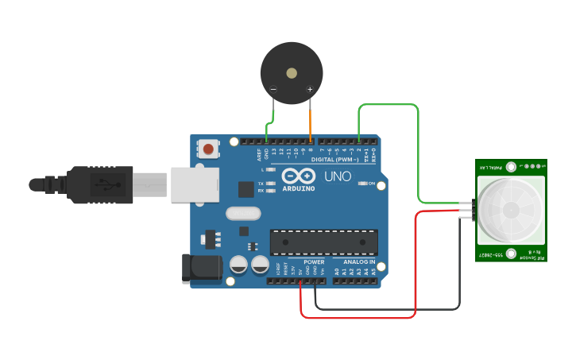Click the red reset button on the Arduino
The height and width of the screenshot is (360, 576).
pos(208,148)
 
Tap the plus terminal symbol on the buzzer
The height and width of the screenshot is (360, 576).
pos(309,90)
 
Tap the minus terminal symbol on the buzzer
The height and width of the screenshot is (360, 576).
pos(273,90)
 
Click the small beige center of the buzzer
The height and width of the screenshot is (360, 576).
pos(292,73)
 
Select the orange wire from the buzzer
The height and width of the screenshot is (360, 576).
pos(310,119)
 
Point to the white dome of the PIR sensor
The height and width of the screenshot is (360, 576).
pos(510,209)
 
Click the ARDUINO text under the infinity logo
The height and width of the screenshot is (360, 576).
pos(298,188)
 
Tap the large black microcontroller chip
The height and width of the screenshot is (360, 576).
pos(323,242)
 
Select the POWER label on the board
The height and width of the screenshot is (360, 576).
pos(314,261)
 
